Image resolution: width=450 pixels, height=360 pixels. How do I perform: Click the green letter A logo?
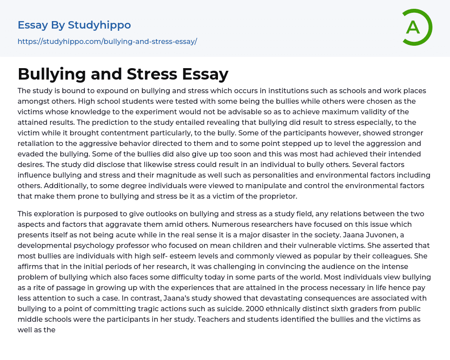coord(417,27)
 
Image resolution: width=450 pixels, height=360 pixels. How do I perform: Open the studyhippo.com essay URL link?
coord(107,41)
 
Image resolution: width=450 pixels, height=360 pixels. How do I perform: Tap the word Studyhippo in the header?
coord(99,25)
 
